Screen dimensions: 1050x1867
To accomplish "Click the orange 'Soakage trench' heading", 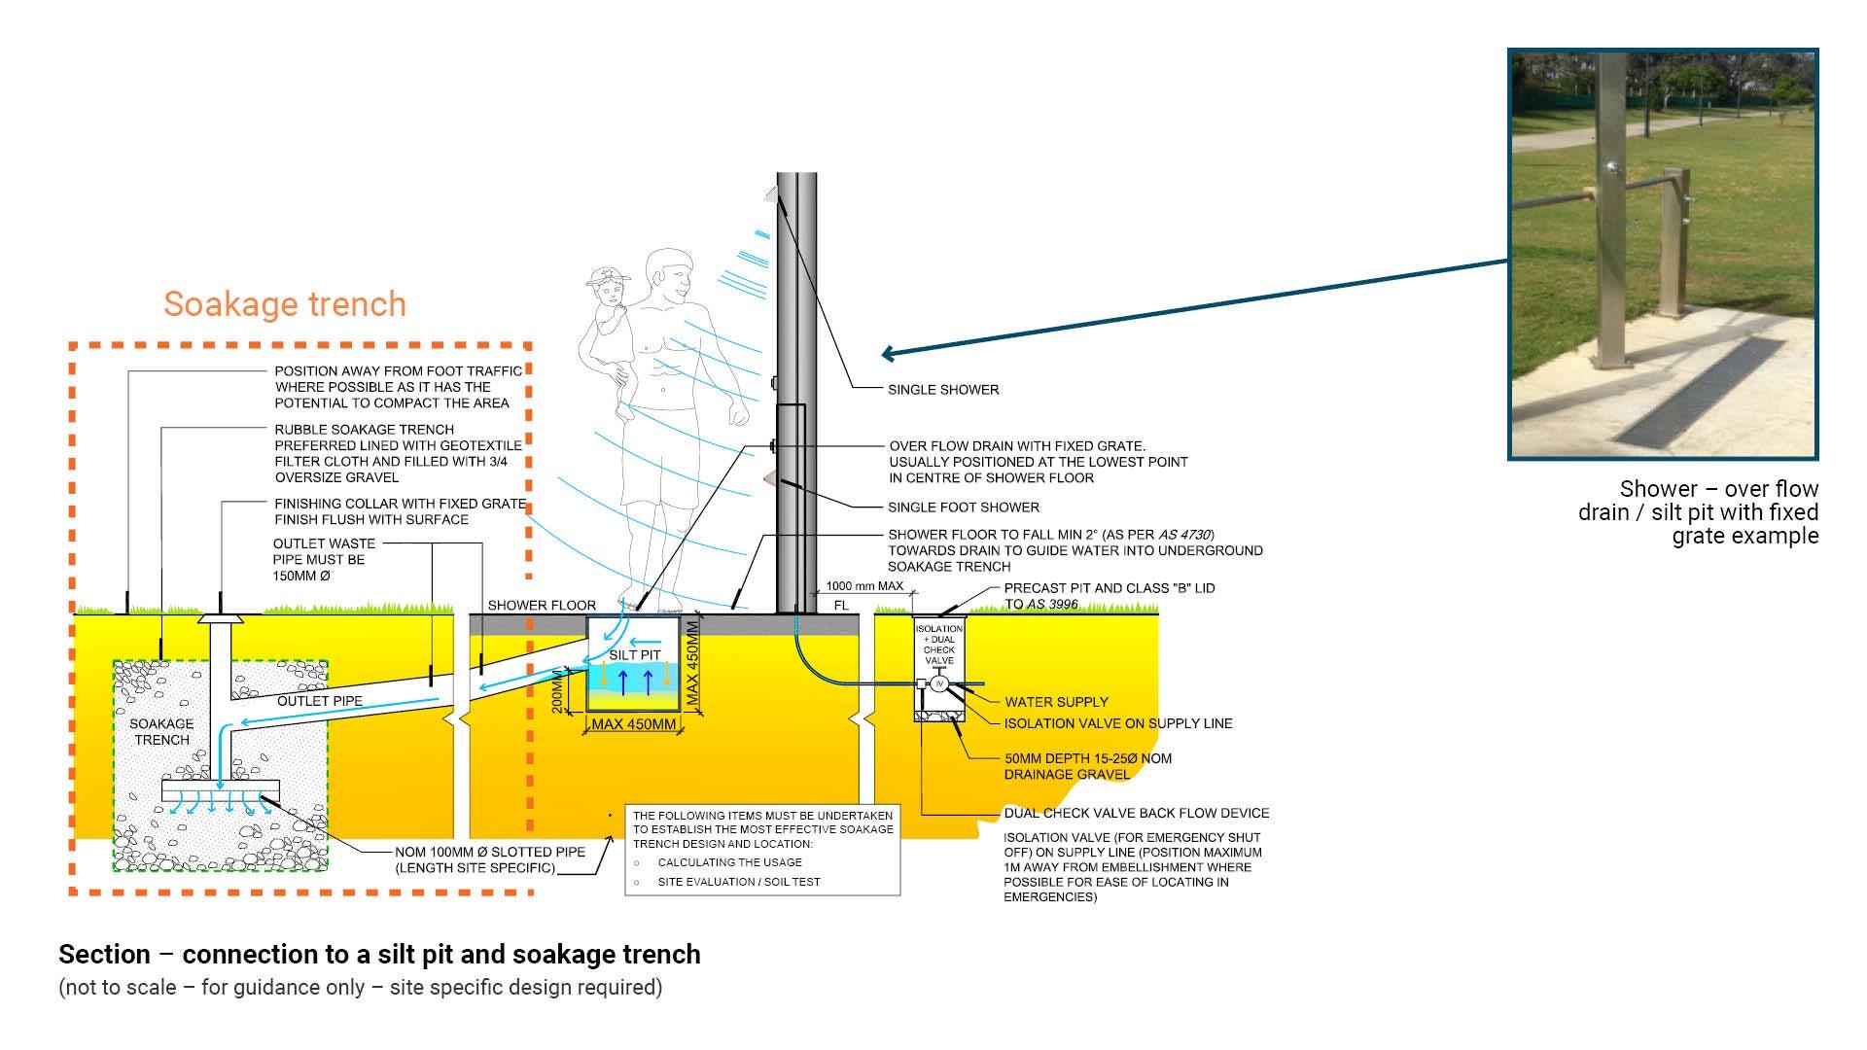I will [x=284, y=304].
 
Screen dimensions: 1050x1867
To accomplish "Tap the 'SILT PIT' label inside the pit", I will [x=635, y=655].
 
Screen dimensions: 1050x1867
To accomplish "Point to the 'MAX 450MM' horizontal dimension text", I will [x=633, y=725].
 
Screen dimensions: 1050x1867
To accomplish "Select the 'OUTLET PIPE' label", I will [x=320, y=701].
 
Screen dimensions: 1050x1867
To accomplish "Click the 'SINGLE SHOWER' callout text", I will [x=942, y=390].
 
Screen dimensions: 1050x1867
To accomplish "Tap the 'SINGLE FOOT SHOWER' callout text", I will [x=963, y=507].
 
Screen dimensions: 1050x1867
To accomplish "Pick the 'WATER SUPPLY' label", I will [x=1056, y=702].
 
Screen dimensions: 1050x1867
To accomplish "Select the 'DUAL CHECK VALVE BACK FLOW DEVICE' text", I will [x=1136, y=814].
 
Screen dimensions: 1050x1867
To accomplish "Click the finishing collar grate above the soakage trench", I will [x=222, y=617].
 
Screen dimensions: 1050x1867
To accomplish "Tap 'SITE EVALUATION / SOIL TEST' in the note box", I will [x=738, y=882].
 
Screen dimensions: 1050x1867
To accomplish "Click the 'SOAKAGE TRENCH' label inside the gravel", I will [x=161, y=732].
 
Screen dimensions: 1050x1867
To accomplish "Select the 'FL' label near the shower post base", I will [x=841, y=606].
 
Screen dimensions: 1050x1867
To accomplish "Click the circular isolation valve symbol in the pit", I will [x=938, y=684].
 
